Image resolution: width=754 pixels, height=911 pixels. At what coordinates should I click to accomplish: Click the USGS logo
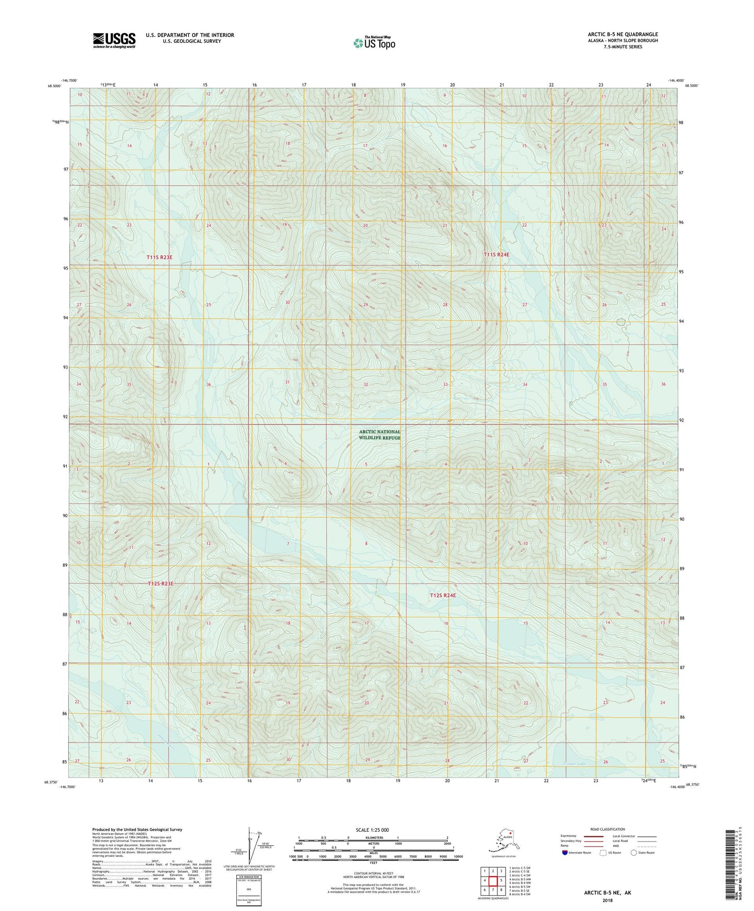114,40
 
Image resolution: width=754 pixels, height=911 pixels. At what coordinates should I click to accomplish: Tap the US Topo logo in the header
374,42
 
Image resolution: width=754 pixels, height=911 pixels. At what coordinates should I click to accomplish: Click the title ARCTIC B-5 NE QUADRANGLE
623,34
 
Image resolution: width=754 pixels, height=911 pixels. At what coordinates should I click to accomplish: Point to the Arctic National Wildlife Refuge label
379,435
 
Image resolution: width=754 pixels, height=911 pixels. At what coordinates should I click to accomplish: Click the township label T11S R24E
496,255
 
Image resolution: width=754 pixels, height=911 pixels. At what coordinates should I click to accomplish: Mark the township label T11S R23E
159,257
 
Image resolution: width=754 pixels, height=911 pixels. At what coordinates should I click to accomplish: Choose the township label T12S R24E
442,595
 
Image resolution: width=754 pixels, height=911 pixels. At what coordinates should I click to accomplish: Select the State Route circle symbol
633,853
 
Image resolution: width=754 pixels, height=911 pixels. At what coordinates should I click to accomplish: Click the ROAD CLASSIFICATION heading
607,829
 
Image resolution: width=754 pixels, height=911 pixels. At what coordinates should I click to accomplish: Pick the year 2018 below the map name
607,901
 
